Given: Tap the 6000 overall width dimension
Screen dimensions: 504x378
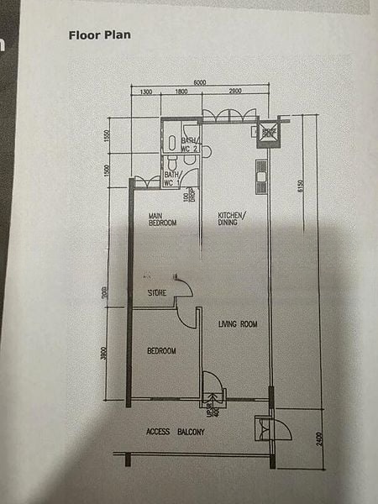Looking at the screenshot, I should [x=199, y=82].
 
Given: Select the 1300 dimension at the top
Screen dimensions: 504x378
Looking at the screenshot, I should [x=146, y=91].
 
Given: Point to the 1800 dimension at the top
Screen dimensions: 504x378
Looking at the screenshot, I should [x=181, y=91].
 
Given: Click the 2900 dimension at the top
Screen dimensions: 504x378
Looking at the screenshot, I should [x=234, y=91].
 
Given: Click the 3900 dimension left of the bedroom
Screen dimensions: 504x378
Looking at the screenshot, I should [x=105, y=355].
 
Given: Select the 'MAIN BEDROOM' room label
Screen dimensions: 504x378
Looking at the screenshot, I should [x=162, y=219].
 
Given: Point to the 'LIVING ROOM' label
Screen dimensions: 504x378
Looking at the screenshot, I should [x=237, y=323].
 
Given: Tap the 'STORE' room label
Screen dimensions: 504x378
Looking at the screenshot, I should [x=157, y=293].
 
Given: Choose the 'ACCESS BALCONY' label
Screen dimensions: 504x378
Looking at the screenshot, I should [x=175, y=432].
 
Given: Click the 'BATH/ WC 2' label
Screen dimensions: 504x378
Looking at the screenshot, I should [x=191, y=144].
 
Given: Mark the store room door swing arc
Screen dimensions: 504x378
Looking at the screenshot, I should [x=183, y=287].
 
